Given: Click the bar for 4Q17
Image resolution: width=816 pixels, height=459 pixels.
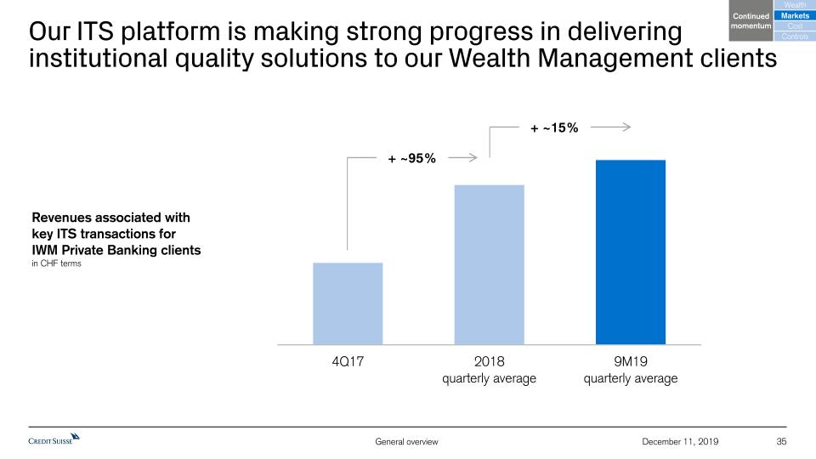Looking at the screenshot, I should (348, 303).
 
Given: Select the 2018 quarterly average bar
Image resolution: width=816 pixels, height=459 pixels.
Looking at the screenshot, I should (489, 264).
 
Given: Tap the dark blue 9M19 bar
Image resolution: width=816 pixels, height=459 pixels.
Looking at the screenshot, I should (630, 252).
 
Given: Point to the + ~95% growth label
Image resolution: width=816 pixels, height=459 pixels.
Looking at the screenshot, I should (412, 158).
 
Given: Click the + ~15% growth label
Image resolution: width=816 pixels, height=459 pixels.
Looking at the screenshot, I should (554, 128).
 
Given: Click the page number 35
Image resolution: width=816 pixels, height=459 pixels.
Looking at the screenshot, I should (782, 441).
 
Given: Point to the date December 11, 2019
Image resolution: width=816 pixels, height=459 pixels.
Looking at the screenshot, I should (679, 441).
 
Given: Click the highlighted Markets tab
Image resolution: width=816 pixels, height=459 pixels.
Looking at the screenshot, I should (795, 16).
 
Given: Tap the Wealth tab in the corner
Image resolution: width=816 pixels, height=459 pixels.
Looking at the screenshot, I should (795, 6).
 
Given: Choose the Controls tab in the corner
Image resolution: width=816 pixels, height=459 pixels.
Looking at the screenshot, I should (795, 36).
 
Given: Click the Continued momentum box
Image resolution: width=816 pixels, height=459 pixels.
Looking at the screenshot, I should (751, 21).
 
